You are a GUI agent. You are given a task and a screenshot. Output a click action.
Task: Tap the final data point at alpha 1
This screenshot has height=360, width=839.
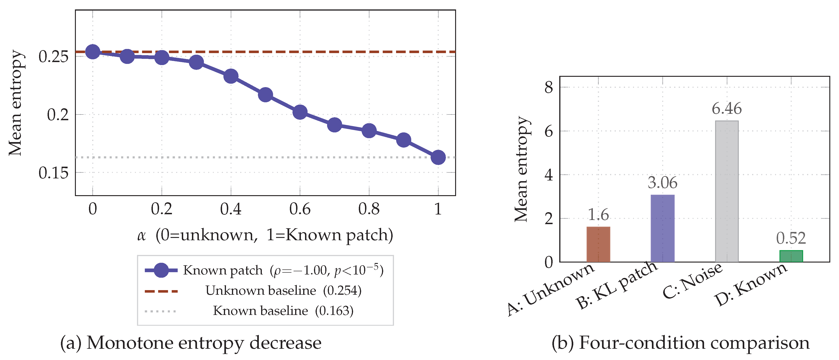(x=438, y=157)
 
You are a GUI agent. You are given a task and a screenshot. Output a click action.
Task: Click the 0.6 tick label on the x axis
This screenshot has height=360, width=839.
(x=300, y=209)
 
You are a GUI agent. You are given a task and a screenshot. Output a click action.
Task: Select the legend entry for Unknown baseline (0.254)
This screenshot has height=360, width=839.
(x=283, y=291)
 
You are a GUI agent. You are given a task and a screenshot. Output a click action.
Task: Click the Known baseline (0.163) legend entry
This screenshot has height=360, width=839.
(x=283, y=311)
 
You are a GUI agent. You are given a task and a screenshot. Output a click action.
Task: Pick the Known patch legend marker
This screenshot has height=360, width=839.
(x=161, y=270)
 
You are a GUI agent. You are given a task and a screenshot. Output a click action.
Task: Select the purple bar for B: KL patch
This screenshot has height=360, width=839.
(x=662, y=228)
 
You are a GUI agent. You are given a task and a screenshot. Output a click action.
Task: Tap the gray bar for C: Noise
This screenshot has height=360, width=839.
(x=727, y=191)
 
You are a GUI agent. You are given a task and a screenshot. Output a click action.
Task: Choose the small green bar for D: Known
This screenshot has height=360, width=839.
(x=791, y=256)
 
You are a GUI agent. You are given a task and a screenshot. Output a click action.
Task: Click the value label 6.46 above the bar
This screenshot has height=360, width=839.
(x=727, y=109)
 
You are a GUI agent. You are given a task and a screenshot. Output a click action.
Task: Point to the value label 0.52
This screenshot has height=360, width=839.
(x=791, y=238)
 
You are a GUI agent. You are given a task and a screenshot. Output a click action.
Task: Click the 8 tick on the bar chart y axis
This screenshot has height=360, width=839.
(x=549, y=87)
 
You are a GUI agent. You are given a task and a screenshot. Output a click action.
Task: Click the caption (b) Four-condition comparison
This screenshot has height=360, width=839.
(x=680, y=343)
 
